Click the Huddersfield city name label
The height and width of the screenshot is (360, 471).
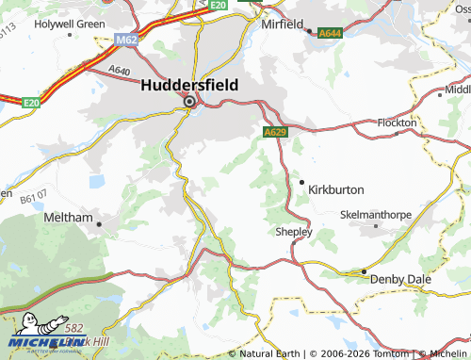tap(189, 85)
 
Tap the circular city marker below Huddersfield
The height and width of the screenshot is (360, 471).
tap(189, 102)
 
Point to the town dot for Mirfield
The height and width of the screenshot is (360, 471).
tap(309, 31)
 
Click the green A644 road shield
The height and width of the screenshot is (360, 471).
tap(331, 33)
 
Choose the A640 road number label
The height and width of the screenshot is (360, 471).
tap(120, 70)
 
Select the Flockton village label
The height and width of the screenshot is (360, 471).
tap(396, 123)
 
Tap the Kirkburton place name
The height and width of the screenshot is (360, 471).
tap(336, 189)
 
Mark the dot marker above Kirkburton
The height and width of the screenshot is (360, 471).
tap(301, 181)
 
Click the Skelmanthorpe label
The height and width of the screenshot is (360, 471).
tap(375, 215)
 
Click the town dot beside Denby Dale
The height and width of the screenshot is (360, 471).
tap(364, 273)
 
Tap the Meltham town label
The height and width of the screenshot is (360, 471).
tap(69, 217)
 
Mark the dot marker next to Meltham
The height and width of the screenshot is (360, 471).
tap(99, 223)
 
